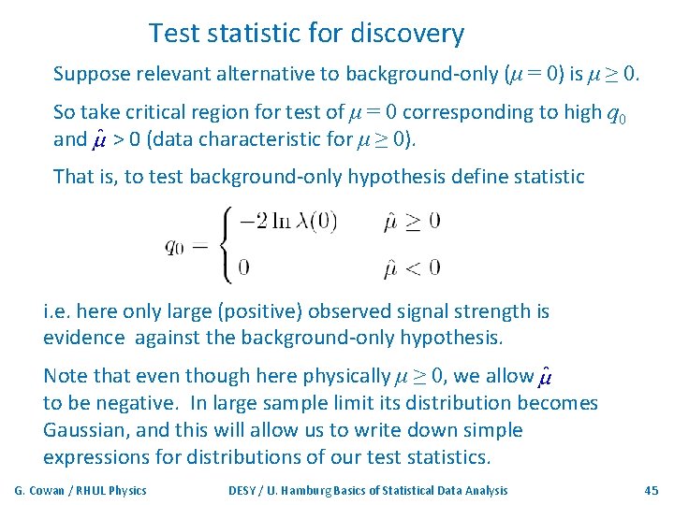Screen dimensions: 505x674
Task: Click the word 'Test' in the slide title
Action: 168,35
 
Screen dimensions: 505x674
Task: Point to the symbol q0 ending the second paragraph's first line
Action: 617,115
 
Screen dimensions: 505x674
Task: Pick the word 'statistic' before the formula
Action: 544,176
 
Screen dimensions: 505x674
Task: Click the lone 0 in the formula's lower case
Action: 243,267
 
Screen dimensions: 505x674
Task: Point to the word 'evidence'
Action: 83,338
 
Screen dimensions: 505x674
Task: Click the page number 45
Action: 652,490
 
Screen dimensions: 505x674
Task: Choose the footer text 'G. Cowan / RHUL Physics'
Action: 81,490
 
